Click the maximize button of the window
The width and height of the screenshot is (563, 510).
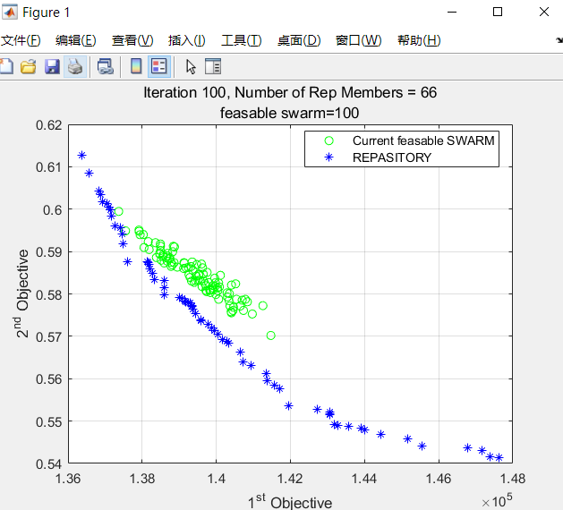pyautogui.click(x=498, y=13)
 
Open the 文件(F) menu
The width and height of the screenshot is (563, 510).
pyautogui.click(x=21, y=40)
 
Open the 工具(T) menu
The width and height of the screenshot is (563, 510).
pyautogui.click(x=241, y=40)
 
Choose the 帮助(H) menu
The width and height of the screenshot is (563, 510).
pyautogui.click(x=418, y=40)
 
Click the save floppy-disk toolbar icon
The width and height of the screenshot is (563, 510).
pyautogui.click(x=52, y=66)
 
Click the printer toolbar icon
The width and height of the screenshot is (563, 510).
pyautogui.click(x=75, y=66)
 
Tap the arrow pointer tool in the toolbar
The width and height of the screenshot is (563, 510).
pyautogui.click(x=190, y=66)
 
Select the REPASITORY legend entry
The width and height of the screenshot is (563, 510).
pyautogui.click(x=391, y=157)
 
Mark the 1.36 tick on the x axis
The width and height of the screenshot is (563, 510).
pyautogui.click(x=68, y=480)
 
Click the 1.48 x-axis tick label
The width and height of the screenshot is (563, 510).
pyautogui.click(x=512, y=480)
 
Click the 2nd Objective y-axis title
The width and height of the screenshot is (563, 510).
pyautogui.click(x=23, y=293)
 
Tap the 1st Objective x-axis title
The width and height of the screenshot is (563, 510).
pyautogui.click(x=289, y=502)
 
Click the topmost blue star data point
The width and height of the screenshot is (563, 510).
pyautogui.click(x=82, y=156)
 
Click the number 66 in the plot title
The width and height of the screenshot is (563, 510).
pyautogui.click(x=428, y=93)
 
